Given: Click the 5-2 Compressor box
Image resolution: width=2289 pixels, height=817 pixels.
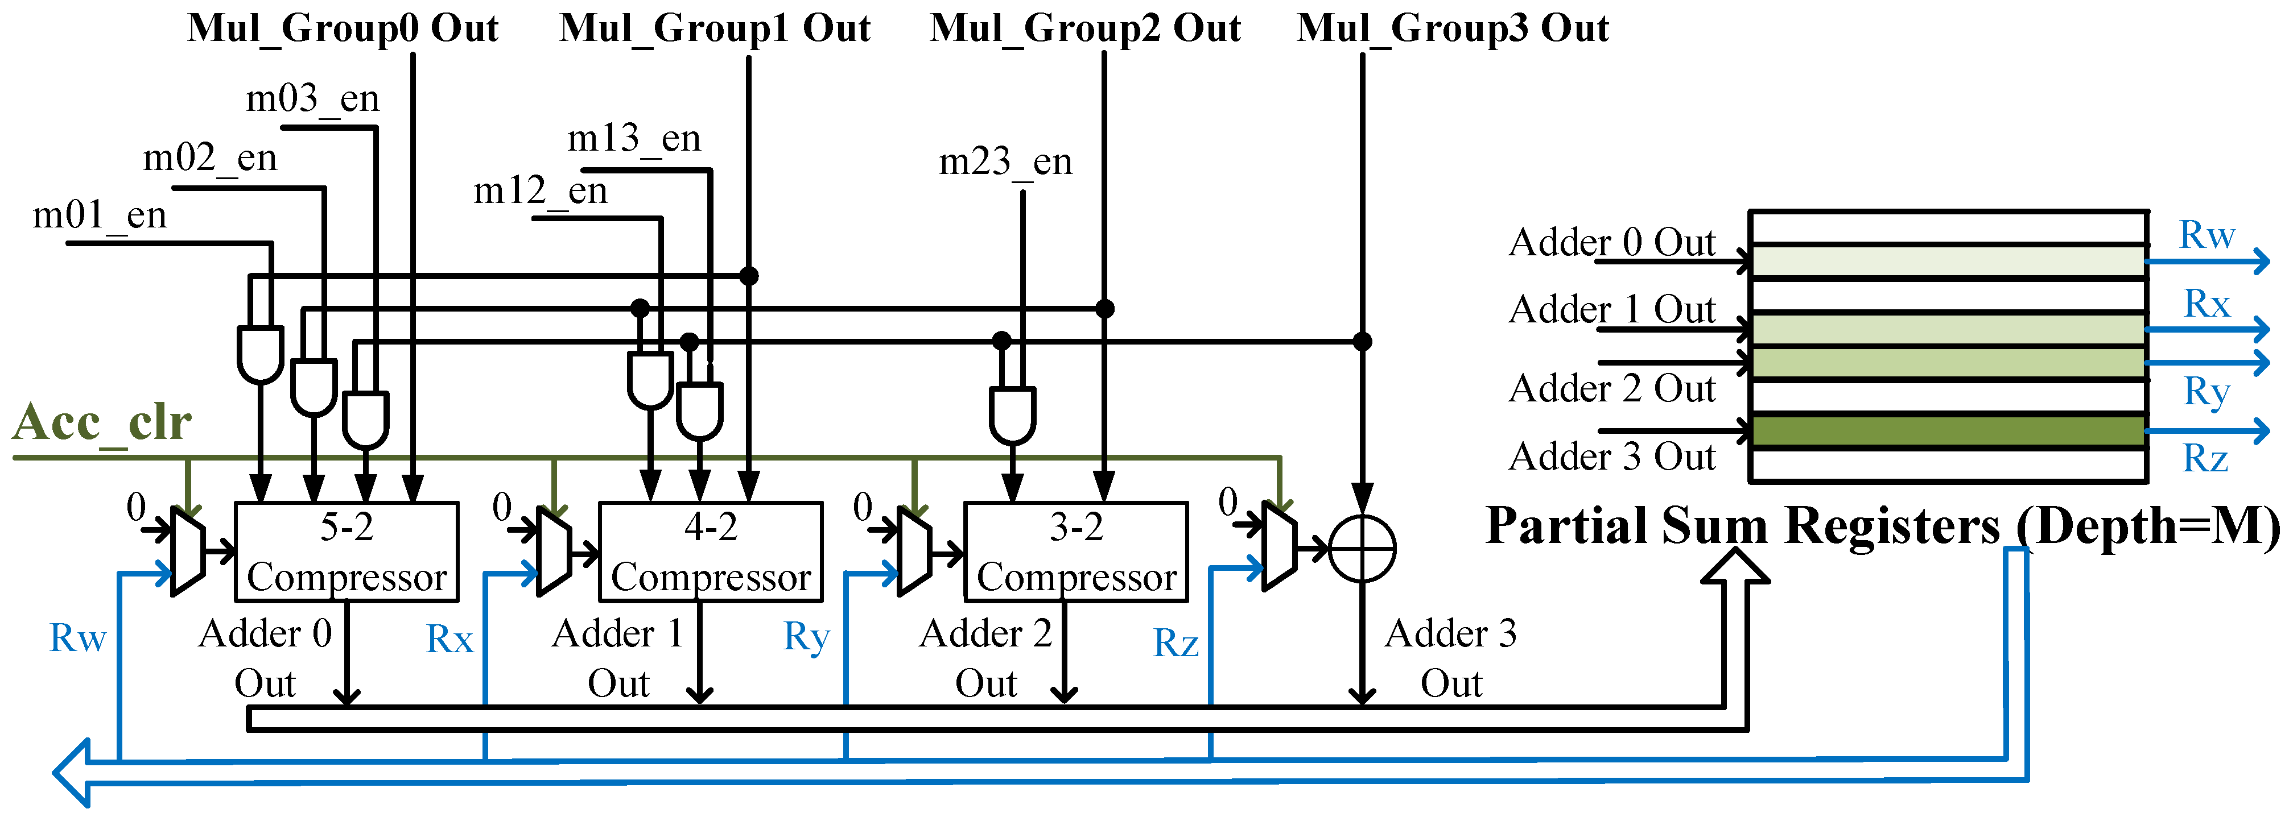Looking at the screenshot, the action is click(347, 551).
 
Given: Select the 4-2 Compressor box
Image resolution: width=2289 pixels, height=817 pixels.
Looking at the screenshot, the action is click(711, 551).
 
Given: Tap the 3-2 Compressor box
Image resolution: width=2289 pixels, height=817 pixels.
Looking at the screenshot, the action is click(1076, 551).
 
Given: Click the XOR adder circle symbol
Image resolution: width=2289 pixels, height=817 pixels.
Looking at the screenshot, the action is click(1362, 549).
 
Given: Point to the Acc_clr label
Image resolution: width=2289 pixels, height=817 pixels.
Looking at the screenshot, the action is click(102, 422).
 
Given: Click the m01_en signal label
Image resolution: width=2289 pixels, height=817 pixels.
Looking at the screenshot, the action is click(100, 215).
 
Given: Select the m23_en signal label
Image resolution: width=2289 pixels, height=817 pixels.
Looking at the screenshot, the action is click(1006, 161).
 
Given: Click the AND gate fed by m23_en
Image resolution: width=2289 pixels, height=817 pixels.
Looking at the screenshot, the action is click(1013, 414).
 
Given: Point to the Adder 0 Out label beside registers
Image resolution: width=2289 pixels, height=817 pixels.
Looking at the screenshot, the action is click(1612, 242).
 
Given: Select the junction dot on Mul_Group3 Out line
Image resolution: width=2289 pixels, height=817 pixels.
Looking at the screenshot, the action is click(1362, 341).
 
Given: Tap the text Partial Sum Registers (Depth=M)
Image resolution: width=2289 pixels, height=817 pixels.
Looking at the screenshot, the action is click(1883, 526).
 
